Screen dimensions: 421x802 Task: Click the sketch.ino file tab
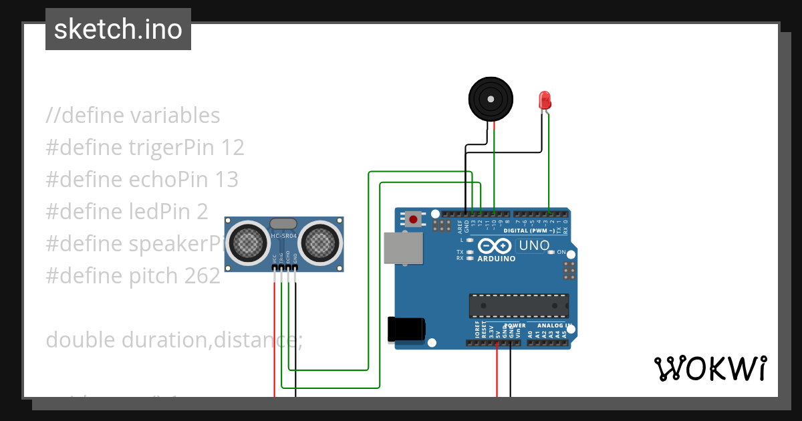click(x=118, y=29)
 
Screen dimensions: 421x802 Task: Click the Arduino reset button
click(x=413, y=219)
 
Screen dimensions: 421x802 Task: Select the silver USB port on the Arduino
click(x=403, y=248)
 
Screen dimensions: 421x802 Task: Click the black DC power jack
click(x=406, y=329)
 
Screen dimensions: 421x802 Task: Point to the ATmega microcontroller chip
click(x=519, y=305)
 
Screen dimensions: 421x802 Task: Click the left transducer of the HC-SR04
click(x=247, y=241)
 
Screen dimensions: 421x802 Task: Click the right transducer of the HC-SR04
click(x=319, y=241)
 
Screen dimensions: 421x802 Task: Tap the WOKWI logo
click(x=710, y=368)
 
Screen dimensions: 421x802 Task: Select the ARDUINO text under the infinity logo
click(x=497, y=259)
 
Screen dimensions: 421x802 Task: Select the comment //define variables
click(x=133, y=116)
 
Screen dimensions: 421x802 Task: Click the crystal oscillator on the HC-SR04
click(x=283, y=223)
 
